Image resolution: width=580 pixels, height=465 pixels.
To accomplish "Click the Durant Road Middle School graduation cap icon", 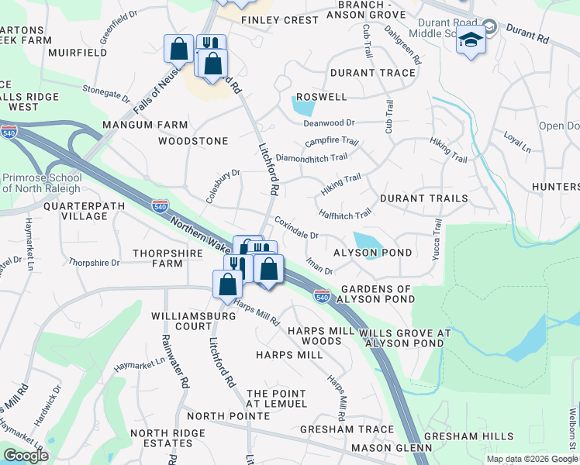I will (471, 39).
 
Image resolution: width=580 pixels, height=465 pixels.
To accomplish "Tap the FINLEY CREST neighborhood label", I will (279, 19).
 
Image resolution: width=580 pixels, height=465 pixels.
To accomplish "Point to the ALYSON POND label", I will (372, 253).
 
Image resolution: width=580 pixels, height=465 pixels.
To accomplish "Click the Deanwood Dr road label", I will (329, 122).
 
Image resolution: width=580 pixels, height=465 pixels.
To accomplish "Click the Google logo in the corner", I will (26, 456).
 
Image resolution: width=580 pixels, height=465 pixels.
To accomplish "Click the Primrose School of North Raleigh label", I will (41, 183).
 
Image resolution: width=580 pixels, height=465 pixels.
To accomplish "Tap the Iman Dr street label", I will (319, 266).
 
